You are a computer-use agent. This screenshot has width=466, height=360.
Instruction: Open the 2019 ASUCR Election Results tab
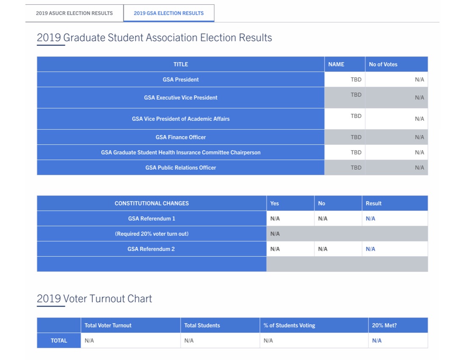pyautogui.click(x=74, y=13)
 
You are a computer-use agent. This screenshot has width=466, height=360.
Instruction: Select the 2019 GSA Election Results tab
pyautogui.click(x=169, y=13)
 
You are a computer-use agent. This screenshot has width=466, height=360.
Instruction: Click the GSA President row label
pyautogui.click(x=180, y=80)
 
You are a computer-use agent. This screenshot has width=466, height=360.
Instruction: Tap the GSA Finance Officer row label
pyautogui.click(x=180, y=137)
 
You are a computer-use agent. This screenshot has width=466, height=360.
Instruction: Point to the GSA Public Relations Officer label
pyautogui.click(x=180, y=168)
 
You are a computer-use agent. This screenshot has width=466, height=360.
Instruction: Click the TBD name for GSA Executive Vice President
pyautogui.click(x=356, y=95)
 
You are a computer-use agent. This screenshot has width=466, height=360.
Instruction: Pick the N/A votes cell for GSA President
pyautogui.click(x=419, y=80)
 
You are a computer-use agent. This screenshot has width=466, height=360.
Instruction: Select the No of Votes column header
pyautogui.click(x=383, y=64)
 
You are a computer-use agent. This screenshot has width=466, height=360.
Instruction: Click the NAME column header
pyautogui.click(x=336, y=64)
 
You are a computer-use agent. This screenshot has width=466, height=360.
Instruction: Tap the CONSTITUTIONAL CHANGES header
pyautogui.click(x=152, y=203)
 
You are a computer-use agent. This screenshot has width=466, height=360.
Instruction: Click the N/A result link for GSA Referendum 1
pyautogui.click(x=370, y=219)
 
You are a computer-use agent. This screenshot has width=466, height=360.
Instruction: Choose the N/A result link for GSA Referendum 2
pyautogui.click(x=370, y=249)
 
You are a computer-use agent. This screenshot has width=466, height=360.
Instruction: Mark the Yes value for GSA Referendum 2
pyautogui.click(x=275, y=249)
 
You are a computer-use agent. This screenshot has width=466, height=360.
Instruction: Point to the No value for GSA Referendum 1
pyautogui.click(x=322, y=219)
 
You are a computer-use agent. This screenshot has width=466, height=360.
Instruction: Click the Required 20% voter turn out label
pyautogui.click(x=152, y=234)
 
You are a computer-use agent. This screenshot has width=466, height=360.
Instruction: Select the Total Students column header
pyautogui.click(x=202, y=325)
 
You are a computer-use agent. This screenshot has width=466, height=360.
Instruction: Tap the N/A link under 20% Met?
pyautogui.click(x=377, y=341)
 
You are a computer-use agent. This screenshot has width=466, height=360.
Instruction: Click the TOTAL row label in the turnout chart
pyautogui.click(x=59, y=341)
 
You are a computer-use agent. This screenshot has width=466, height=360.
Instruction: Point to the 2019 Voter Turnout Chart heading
pyautogui.click(x=94, y=299)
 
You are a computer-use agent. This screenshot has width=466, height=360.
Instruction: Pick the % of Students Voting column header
pyautogui.click(x=289, y=325)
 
